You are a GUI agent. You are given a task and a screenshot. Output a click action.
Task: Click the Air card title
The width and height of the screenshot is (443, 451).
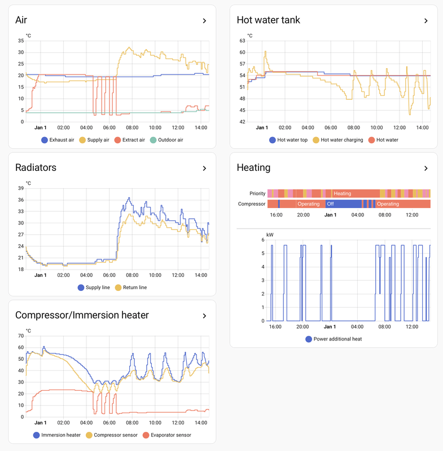(x=21, y=20)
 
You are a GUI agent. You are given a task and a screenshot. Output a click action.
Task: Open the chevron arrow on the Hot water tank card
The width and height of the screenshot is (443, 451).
(x=426, y=21)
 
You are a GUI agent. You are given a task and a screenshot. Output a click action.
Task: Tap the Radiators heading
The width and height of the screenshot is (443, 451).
(x=36, y=167)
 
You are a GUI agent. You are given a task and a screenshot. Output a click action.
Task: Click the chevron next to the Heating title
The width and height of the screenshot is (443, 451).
(x=426, y=168)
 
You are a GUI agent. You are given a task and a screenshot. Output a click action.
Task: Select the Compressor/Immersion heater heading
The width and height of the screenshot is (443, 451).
(x=82, y=315)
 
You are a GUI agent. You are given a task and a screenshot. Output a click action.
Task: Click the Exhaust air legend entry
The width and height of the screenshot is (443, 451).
(x=58, y=140)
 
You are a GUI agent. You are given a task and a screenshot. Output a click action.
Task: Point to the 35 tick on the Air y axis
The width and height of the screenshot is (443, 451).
(x=20, y=41)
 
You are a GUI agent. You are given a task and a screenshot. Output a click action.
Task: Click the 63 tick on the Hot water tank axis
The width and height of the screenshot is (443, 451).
(x=242, y=41)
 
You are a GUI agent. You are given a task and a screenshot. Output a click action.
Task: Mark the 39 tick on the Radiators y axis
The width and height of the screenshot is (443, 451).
(x=20, y=188)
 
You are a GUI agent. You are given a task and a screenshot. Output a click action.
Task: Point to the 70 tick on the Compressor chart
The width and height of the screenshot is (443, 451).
(x=20, y=335)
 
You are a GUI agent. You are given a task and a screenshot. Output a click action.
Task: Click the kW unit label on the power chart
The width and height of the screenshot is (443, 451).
(x=270, y=234)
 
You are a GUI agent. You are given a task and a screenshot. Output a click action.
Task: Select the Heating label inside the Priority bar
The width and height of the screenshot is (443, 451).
(x=343, y=193)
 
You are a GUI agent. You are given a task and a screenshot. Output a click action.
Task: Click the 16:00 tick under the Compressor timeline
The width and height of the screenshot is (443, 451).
(x=276, y=215)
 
